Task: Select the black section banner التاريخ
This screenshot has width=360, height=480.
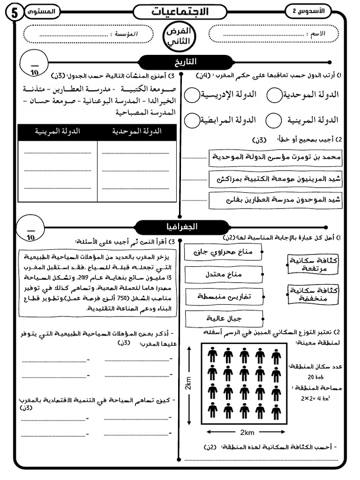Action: tap(187, 62)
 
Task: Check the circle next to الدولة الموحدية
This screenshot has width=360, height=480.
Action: tap(274, 95)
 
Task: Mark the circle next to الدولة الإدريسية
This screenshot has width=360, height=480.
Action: tap(192, 95)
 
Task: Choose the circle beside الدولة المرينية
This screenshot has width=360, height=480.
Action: tap(273, 120)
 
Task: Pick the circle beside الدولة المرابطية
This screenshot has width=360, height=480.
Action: tap(192, 120)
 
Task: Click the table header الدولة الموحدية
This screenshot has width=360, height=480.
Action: tap(137, 132)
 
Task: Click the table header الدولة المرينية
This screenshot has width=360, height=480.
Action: tap(58, 132)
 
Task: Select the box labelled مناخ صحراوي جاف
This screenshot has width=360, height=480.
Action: tap(223, 252)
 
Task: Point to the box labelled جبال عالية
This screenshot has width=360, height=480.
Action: tap(223, 319)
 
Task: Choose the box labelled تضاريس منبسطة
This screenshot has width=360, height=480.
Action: tap(223, 297)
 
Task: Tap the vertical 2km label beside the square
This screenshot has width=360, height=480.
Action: tap(188, 383)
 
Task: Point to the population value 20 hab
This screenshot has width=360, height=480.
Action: tap(317, 377)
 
